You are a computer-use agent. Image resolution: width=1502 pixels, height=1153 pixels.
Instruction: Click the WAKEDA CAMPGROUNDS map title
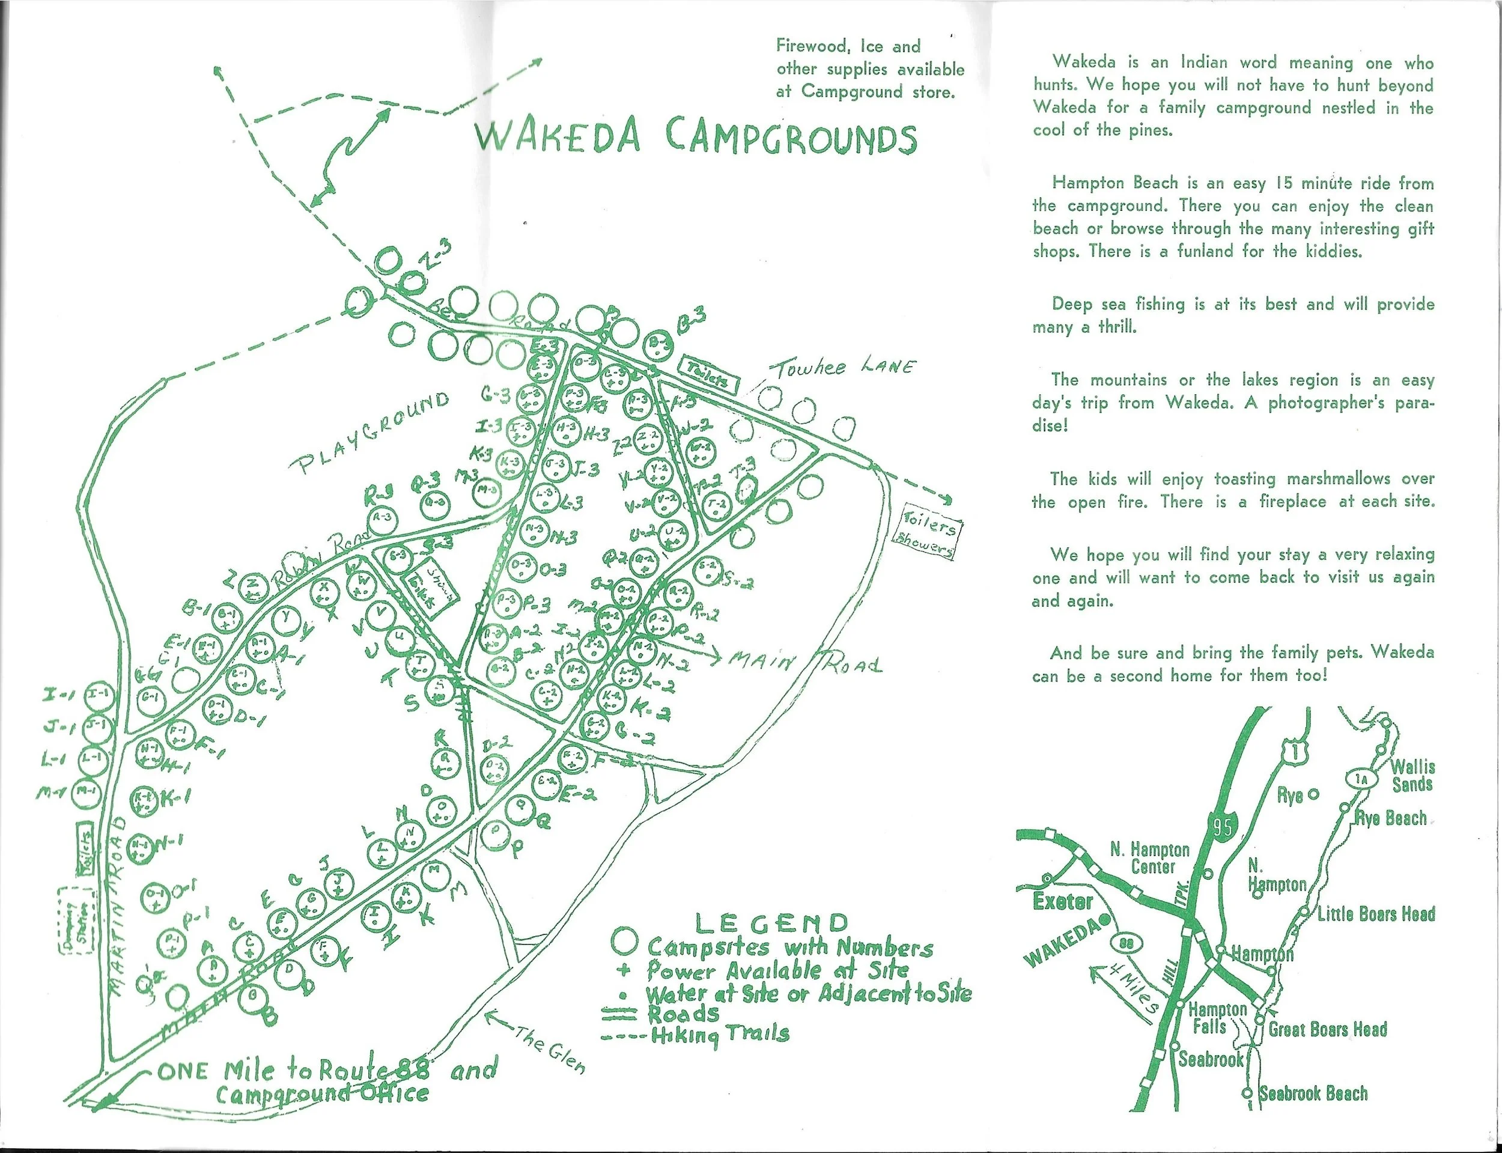[696, 137]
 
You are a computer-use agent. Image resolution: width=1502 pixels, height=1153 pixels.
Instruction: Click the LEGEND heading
[772, 923]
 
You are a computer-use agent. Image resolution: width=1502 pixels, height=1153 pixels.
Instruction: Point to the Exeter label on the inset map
[1062, 902]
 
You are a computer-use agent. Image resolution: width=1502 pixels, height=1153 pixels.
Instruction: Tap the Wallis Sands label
[1412, 776]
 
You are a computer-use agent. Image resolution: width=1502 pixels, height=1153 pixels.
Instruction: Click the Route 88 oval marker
[1125, 943]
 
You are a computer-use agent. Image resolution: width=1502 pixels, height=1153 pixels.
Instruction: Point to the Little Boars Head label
[1376, 914]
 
